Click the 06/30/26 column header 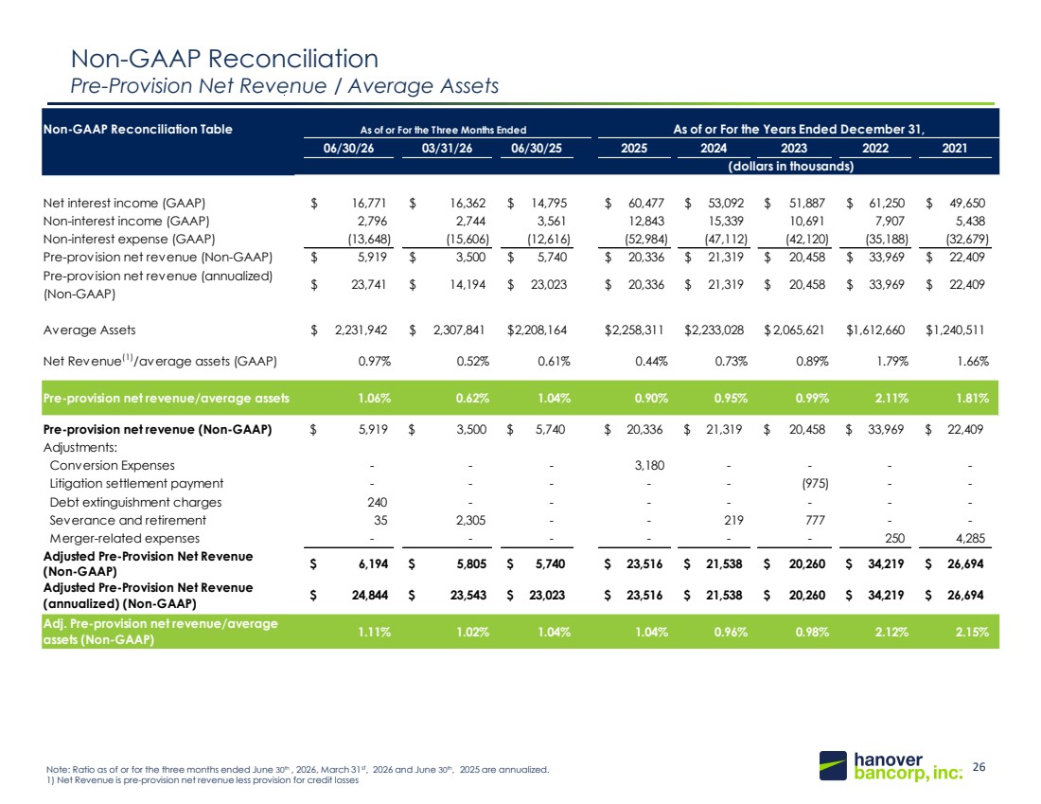tap(348, 148)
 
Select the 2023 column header tap(793, 148)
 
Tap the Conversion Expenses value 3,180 tap(649, 466)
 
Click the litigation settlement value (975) tap(815, 484)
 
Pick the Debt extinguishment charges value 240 tap(377, 502)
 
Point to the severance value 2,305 tap(470, 520)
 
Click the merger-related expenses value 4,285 tap(970, 538)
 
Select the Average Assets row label tap(89, 331)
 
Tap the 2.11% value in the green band tap(891, 399)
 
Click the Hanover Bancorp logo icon tap(833, 765)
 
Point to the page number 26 tap(979, 767)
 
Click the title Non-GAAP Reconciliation tap(224, 59)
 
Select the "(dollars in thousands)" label tap(791, 166)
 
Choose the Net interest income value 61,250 tap(887, 204)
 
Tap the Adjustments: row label tap(80, 448)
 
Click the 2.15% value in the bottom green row tap(972, 632)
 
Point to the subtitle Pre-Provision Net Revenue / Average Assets tap(285, 86)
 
